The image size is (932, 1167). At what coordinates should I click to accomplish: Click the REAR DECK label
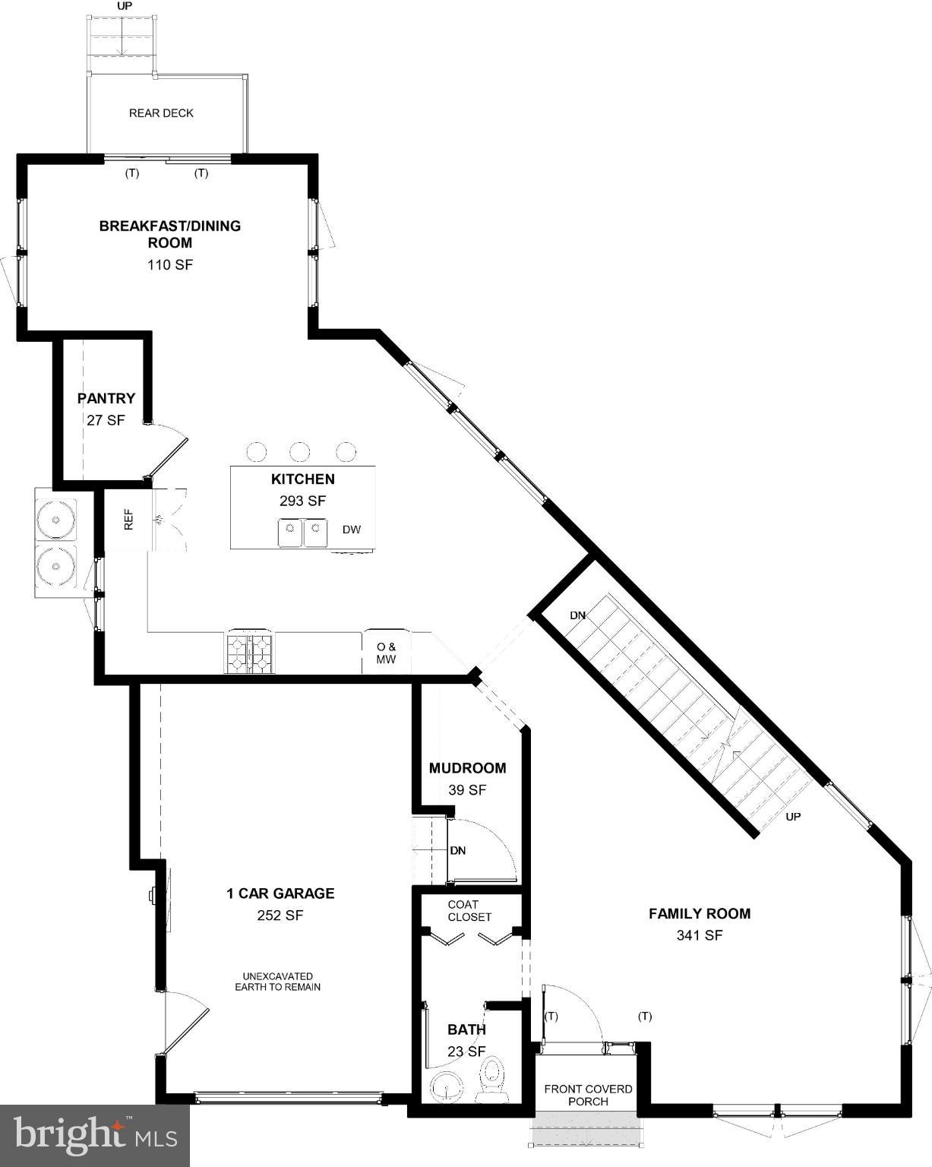pos(161,113)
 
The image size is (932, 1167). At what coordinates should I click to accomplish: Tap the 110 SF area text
pos(170,265)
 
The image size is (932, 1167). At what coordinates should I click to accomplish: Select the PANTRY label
pos(106,398)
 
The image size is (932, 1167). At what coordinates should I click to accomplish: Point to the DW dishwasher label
pos(352,530)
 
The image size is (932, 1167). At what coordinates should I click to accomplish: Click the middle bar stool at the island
pos(300,452)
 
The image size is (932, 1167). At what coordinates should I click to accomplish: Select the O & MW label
pos(387,653)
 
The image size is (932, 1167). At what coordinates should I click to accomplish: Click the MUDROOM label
pos(467,768)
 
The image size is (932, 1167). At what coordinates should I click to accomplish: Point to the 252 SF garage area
pos(280,916)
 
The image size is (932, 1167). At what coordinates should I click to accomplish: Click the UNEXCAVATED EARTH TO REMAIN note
pos(278,982)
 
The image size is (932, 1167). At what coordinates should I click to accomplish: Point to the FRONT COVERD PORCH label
pos(588,1095)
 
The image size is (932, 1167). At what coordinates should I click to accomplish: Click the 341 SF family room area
pos(700,935)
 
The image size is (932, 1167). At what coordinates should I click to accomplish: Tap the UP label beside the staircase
pos(793,817)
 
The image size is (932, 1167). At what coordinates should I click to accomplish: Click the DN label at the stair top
pos(578,615)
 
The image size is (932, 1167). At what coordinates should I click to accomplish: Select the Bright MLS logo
pos(95,1136)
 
